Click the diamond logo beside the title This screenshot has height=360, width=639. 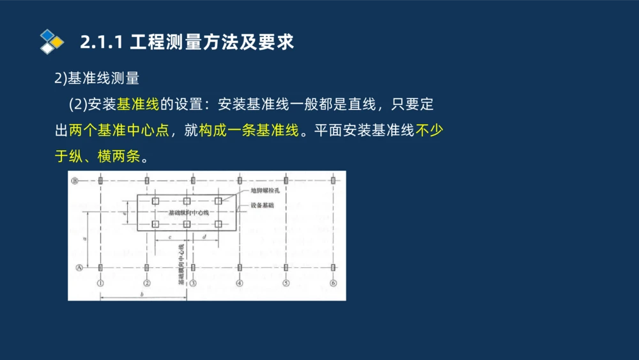pos(52,42)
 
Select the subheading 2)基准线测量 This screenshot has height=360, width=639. pos(96,79)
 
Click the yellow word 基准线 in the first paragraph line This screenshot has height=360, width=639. pos(137,104)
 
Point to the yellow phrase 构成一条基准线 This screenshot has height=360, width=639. pos(249,130)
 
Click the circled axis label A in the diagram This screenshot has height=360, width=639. pos(79,268)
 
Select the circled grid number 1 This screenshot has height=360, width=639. pos(100,283)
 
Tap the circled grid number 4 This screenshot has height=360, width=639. pos(240,283)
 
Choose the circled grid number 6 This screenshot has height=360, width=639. pos(333,283)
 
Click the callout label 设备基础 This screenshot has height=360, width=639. pos(261,205)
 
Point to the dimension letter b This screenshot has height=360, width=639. pos(142,293)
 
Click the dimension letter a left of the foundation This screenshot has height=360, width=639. pos(84,238)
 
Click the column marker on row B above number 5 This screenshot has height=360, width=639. pos(286,181)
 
